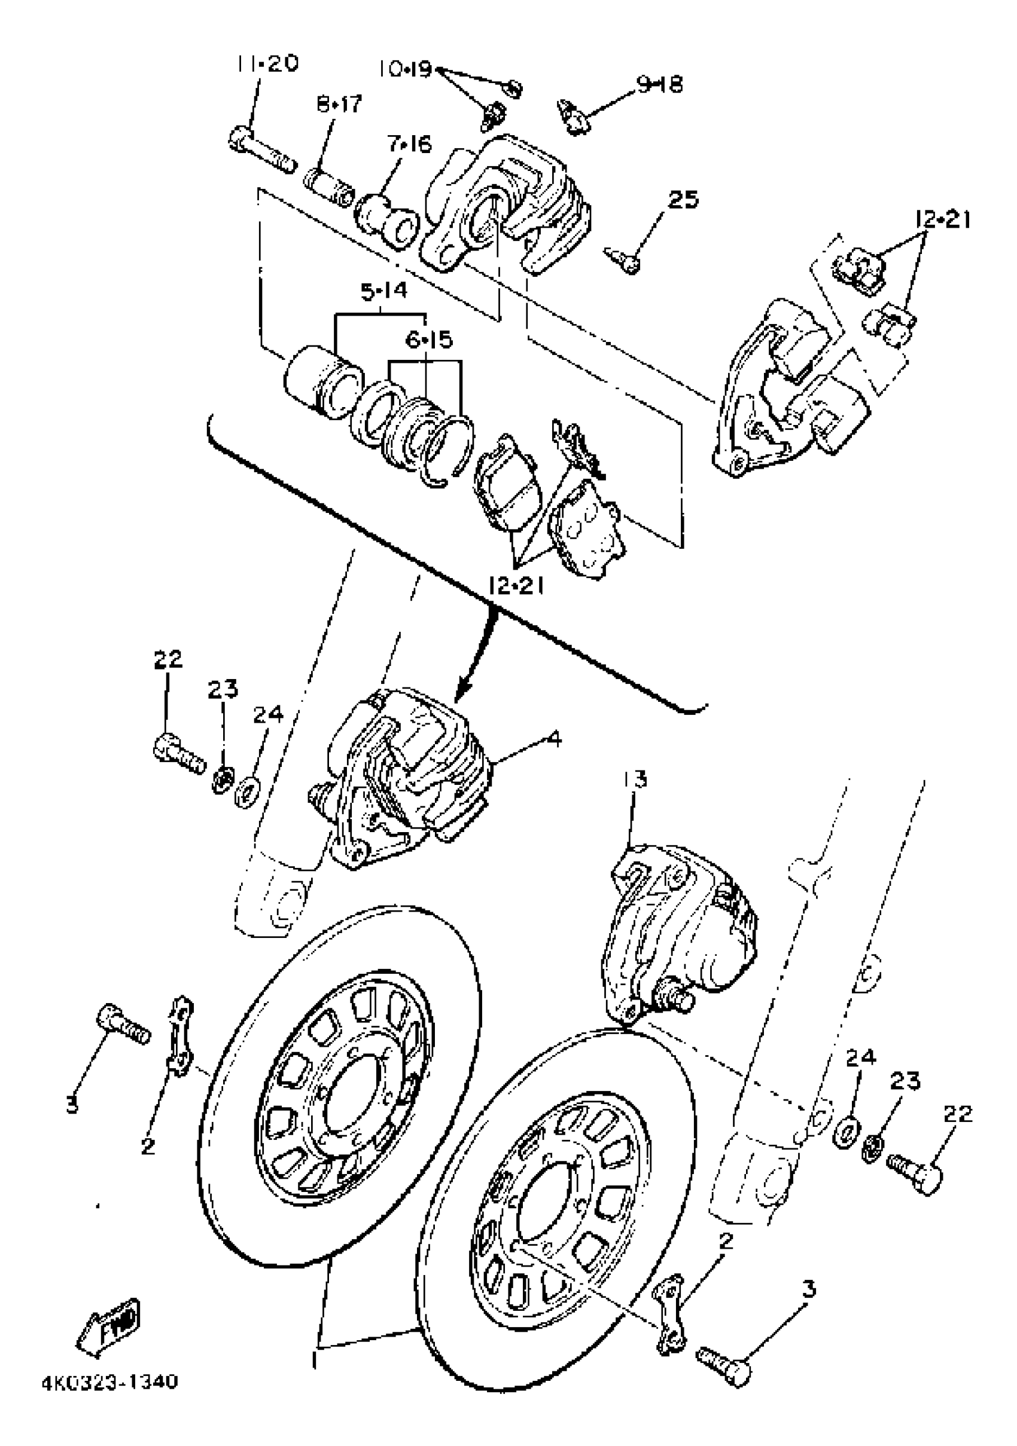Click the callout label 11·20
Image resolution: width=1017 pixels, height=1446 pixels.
(x=267, y=64)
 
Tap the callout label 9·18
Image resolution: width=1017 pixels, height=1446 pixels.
(x=659, y=85)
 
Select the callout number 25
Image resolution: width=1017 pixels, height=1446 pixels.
(x=683, y=200)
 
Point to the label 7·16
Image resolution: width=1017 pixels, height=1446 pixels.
(x=410, y=145)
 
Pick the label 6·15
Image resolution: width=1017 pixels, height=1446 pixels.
(x=428, y=340)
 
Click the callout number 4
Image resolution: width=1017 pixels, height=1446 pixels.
(x=555, y=738)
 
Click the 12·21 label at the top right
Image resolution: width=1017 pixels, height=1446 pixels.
(x=942, y=220)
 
